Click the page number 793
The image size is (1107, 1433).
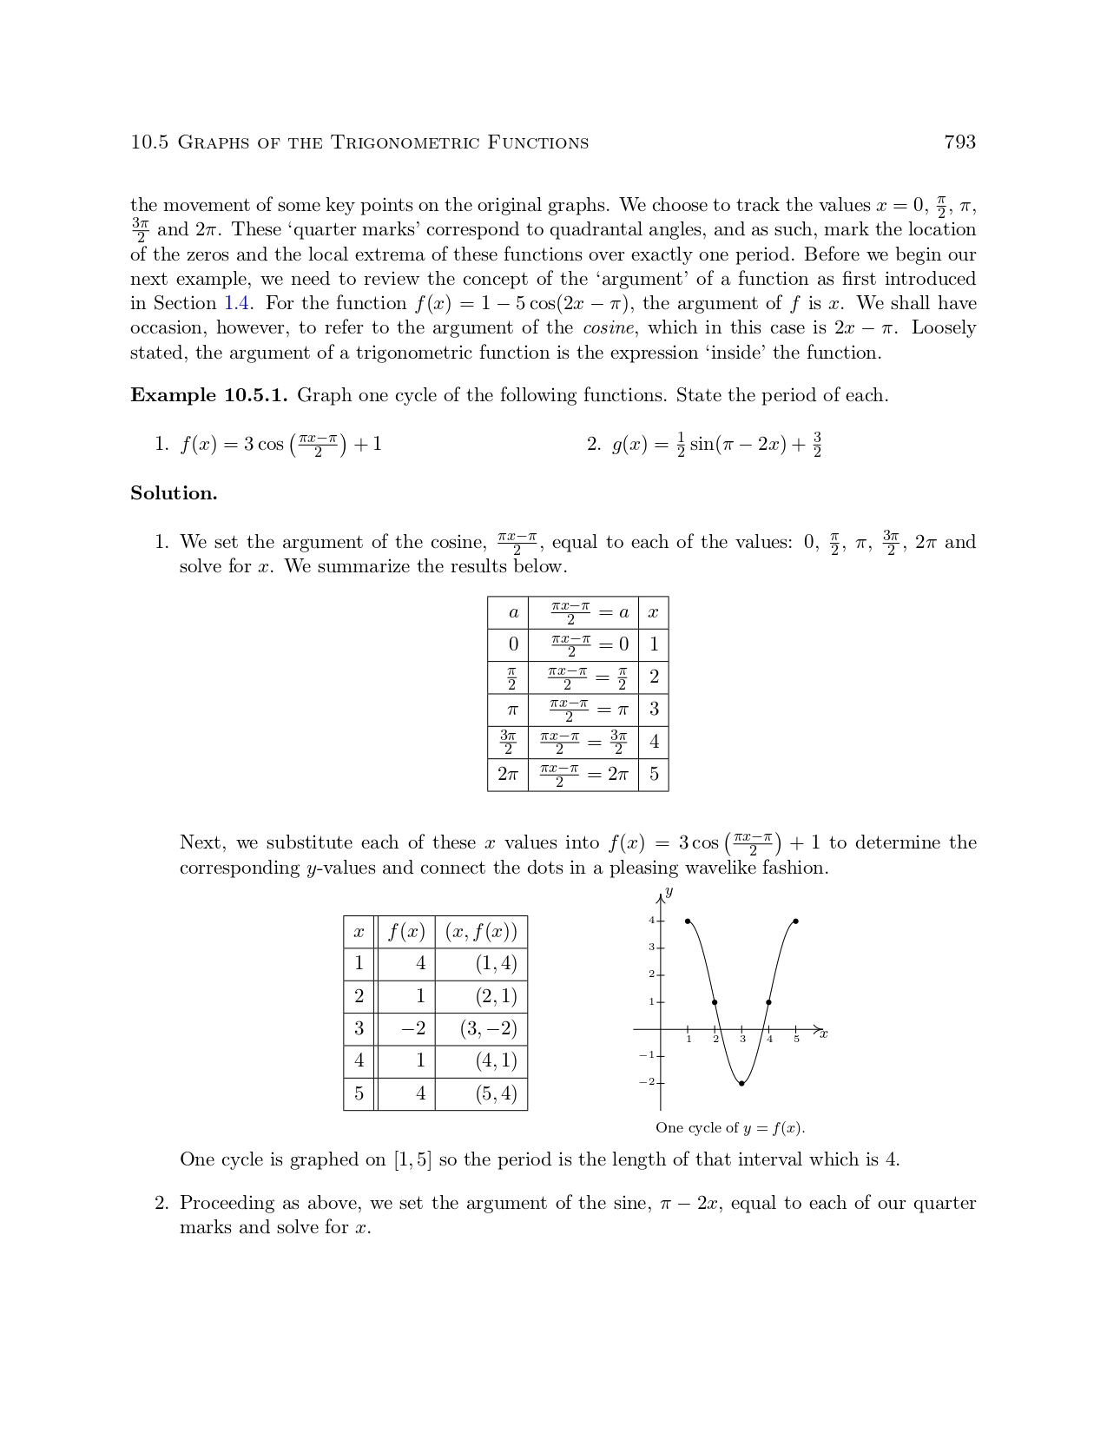pos(959,142)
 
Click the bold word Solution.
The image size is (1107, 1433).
pos(174,493)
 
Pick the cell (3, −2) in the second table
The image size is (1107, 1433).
pos(488,1029)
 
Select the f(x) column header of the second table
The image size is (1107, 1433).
pos(406,932)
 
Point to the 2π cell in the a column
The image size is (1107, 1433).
pos(508,774)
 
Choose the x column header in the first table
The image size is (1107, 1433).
pos(653,612)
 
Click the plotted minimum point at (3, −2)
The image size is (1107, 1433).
pos(741,1083)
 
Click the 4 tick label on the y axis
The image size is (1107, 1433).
pos(651,921)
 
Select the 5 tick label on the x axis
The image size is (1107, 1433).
pos(796,1040)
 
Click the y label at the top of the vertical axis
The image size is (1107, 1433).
pos(669,893)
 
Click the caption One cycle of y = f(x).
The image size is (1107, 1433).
pos(730,1128)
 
